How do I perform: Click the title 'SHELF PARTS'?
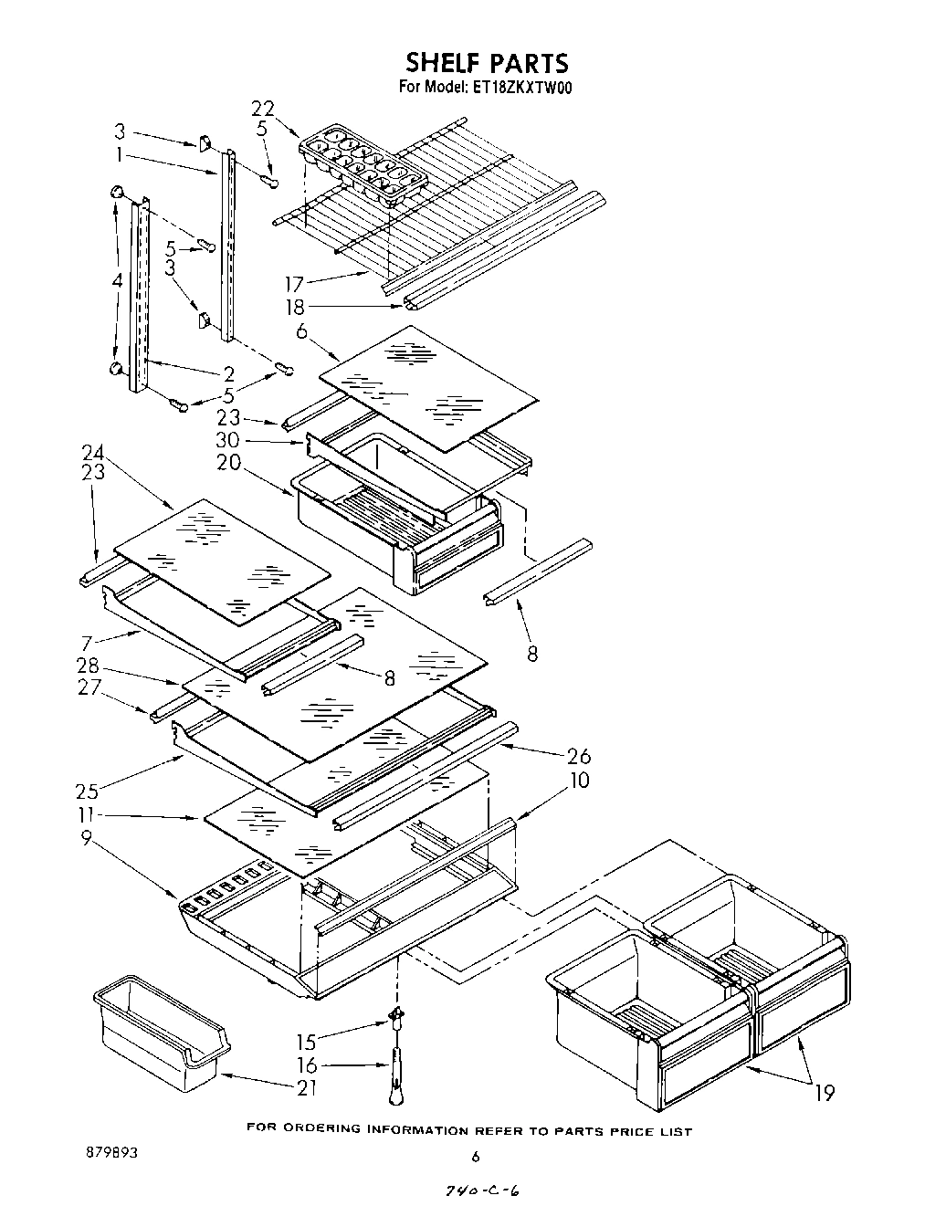[486, 62]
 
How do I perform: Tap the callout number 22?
[263, 109]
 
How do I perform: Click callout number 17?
[295, 285]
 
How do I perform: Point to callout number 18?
[295, 308]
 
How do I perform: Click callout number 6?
[302, 330]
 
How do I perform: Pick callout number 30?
[229, 439]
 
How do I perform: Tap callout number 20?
[228, 462]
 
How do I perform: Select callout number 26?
[579, 756]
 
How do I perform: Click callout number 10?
[579, 781]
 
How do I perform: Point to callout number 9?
[87, 836]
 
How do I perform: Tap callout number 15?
[307, 1040]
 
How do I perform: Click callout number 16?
[307, 1064]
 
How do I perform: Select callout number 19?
[825, 1092]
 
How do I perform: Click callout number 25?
[88, 790]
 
